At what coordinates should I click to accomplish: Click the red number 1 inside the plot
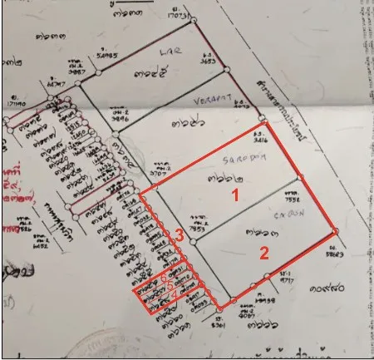coord(235,197)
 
